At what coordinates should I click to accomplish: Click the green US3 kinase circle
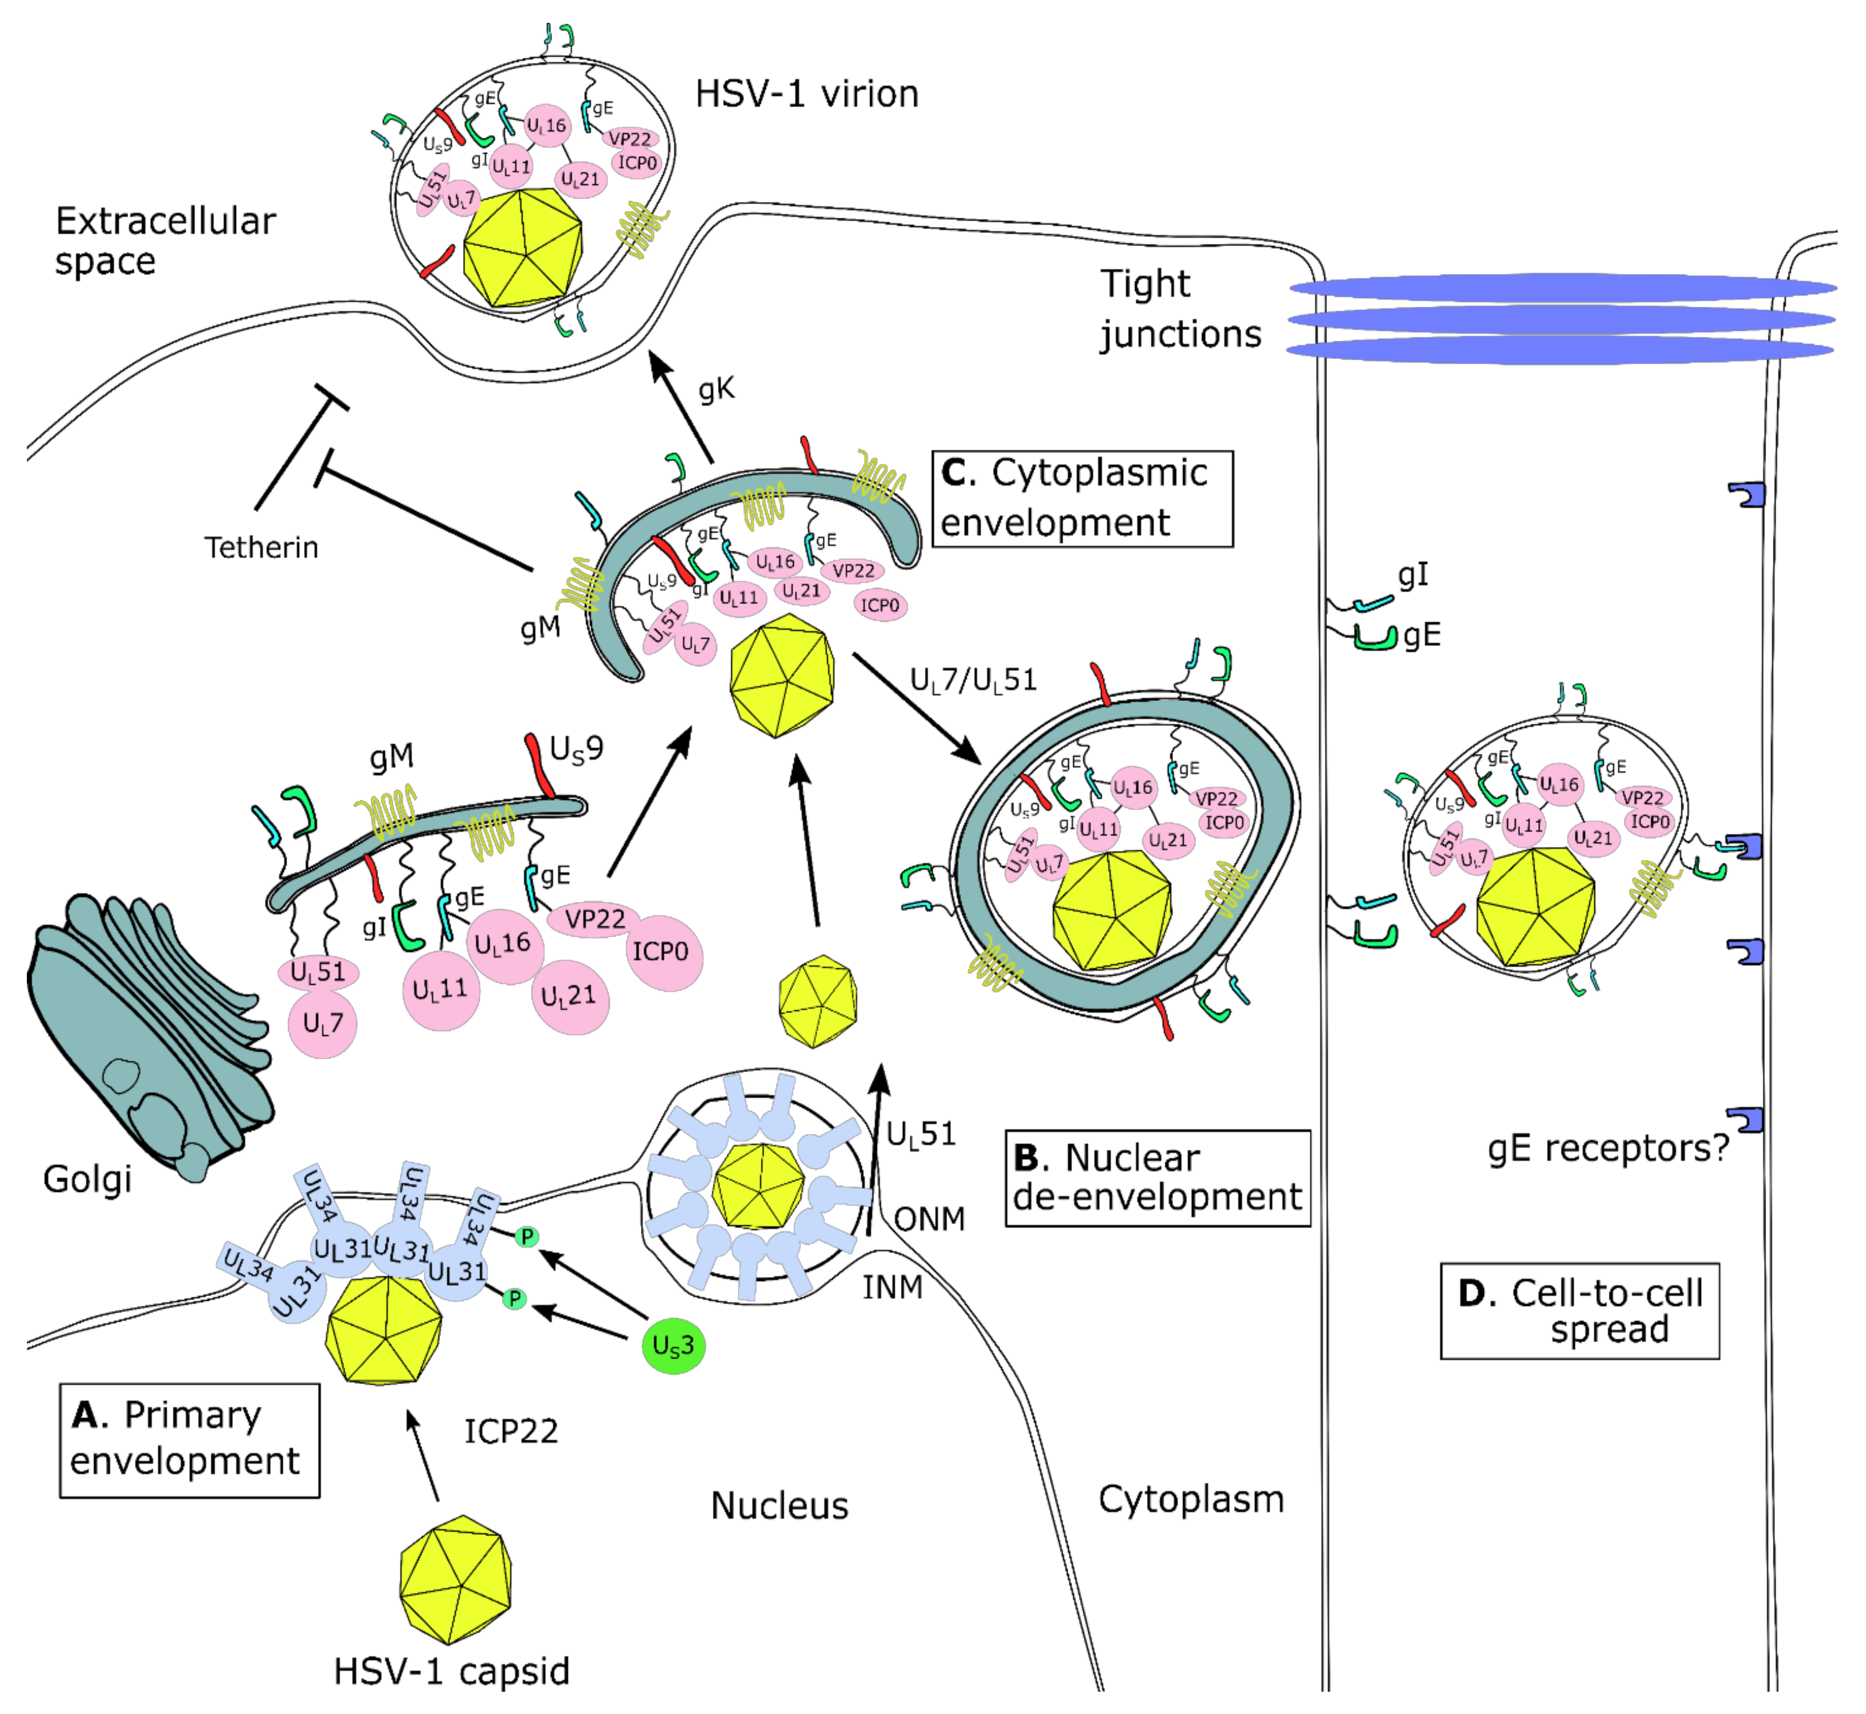click(673, 1346)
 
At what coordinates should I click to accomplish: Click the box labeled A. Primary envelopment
click(189, 1440)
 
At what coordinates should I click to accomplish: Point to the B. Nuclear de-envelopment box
click(1157, 1178)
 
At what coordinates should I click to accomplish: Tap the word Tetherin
click(261, 547)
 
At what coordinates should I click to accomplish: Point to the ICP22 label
click(511, 1431)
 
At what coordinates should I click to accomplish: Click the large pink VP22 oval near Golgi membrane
click(595, 919)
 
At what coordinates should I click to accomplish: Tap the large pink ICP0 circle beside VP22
click(662, 953)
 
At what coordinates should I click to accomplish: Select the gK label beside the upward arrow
click(716, 389)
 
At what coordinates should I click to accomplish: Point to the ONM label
click(929, 1219)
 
